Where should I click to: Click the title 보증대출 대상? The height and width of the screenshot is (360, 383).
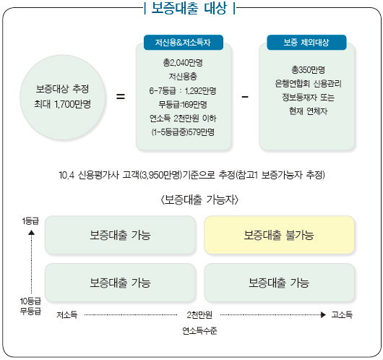[x=189, y=8]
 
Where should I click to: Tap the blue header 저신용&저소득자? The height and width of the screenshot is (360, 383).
[x=184, y=43]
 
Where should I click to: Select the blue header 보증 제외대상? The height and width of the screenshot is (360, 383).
[x=306, y=43]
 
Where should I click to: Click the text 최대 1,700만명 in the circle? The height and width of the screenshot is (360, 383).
[x=63, y=104]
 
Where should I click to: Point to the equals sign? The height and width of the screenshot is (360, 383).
[x=121, y=96]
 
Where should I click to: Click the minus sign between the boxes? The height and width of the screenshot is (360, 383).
[x=245, y=97]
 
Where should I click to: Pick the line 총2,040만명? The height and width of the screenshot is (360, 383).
[x=183, y=63]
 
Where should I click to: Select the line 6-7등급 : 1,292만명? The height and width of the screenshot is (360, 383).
[x=183, y=91]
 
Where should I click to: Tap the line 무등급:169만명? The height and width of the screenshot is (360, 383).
[x=183, y=105]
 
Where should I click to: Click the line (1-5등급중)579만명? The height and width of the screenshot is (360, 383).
[x=183, y=132]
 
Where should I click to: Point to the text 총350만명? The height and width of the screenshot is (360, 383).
[x=308, y=70]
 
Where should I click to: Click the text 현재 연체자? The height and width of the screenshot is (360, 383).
[x=308, y=111]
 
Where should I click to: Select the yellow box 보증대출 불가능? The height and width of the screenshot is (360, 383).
[x=279, y=235]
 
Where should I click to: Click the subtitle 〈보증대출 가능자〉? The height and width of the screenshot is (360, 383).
[x=199, y=200]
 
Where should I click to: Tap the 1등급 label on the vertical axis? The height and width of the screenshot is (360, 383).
[x=30, y=221]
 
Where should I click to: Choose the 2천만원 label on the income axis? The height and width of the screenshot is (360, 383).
[x=199, y=314]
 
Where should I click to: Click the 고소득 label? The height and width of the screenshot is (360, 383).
[x=342, y=314]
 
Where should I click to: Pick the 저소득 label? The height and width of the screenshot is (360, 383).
[x=66, y=314]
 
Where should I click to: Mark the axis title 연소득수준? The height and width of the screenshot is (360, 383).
[x=199, y=330]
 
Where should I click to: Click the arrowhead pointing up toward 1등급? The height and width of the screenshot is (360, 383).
[x=31, y=233]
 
